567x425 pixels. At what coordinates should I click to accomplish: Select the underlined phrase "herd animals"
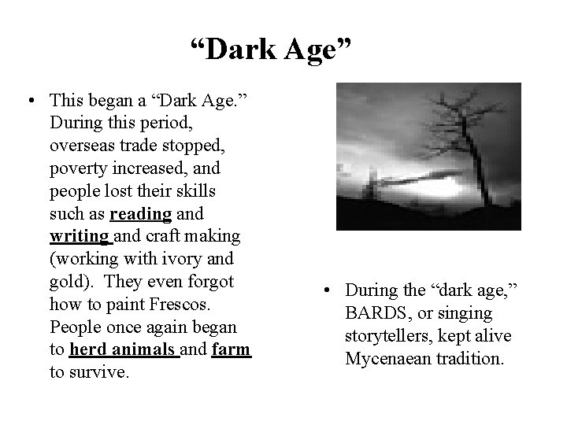point(124,350)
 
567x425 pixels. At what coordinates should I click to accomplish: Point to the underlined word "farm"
point(231,350)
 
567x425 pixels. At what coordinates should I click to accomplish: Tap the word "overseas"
point(83,145)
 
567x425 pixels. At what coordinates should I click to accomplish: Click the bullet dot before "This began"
point(29,100)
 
